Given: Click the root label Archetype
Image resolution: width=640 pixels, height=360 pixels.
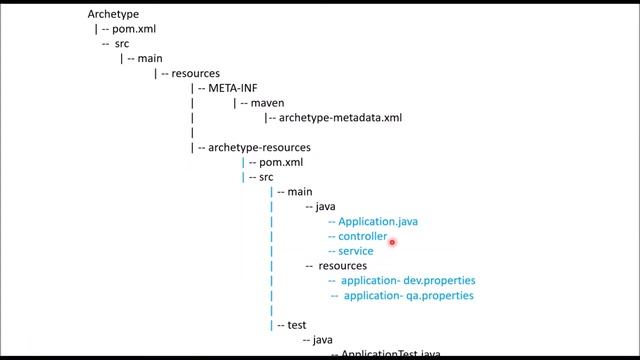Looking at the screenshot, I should pos(113,15).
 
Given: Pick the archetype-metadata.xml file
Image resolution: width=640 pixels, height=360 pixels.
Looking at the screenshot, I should pos(340,118).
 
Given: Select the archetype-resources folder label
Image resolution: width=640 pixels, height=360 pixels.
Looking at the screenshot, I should pos(251,148).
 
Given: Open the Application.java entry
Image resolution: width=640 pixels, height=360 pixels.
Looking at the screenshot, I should pos(378,221).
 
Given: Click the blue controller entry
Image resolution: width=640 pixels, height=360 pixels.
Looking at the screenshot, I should pos(362,236).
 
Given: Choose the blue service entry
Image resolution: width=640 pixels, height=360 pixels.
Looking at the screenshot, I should pos(356,251).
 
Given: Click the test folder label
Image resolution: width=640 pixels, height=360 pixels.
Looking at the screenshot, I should pos(296,325).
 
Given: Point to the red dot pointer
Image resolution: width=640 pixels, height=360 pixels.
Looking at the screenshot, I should pos(393,241).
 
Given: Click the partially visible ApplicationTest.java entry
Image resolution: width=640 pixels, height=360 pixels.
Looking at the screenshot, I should pos(390,354).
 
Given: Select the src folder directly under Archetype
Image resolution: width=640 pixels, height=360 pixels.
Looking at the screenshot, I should pos(120,45).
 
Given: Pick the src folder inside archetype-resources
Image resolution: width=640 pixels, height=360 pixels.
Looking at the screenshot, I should pos(266,177).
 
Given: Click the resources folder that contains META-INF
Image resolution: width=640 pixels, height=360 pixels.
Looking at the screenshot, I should pos(195,74).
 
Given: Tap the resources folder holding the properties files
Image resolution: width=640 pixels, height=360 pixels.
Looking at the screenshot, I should pos(342,266).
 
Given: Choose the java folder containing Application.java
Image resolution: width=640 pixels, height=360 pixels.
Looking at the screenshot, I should pos(325,207).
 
